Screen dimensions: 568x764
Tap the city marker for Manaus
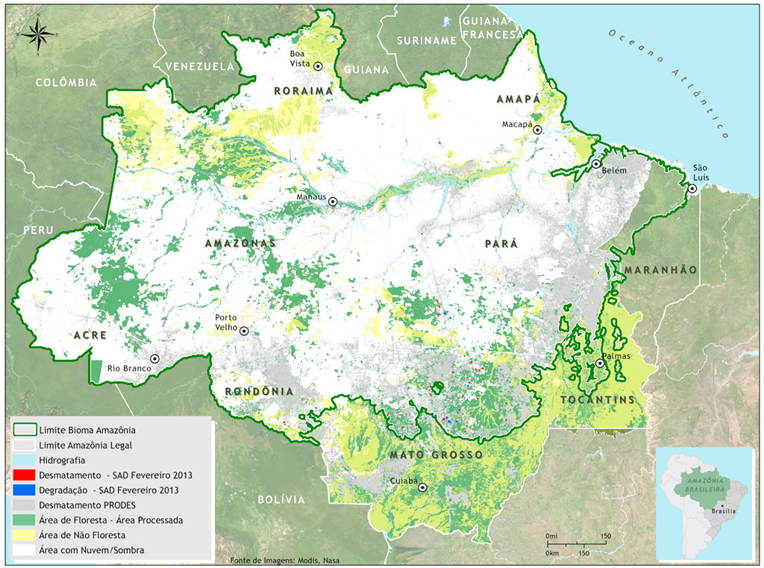pos(334,202)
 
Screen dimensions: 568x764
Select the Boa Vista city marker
pos(318,66)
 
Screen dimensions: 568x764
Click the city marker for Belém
pos(596,163)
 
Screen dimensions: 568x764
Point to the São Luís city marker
pos(692,189)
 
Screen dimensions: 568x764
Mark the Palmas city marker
pos(600,363)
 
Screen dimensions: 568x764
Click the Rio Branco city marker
pos(154,358)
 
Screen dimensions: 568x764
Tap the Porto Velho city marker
pos(243,331)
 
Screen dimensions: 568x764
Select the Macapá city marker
pos(537,130)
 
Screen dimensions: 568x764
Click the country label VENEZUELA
pos(199,66)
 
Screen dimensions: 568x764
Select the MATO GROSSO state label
pos(435,455)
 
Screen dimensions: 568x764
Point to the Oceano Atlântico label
pos(668,82)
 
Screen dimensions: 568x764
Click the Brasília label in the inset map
pos(723,511)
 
